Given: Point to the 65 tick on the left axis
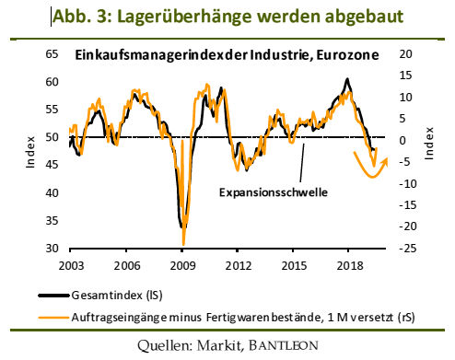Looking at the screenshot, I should pyautogui.click(x=52, y=56).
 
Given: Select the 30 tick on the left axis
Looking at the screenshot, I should pyautogui.click(x=52, y=249).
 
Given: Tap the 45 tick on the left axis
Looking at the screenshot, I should pyautogui.click(x=52, y=166).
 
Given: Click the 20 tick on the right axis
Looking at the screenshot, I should pyautogui.click(x=405, y=56).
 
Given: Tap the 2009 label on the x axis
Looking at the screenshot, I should pyautogui.click(x=182, y=265).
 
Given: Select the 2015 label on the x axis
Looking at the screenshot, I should pyautogui.click(x=294, y=265).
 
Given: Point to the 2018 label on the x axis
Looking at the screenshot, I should pyautogui.click(x=349, y=265).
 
